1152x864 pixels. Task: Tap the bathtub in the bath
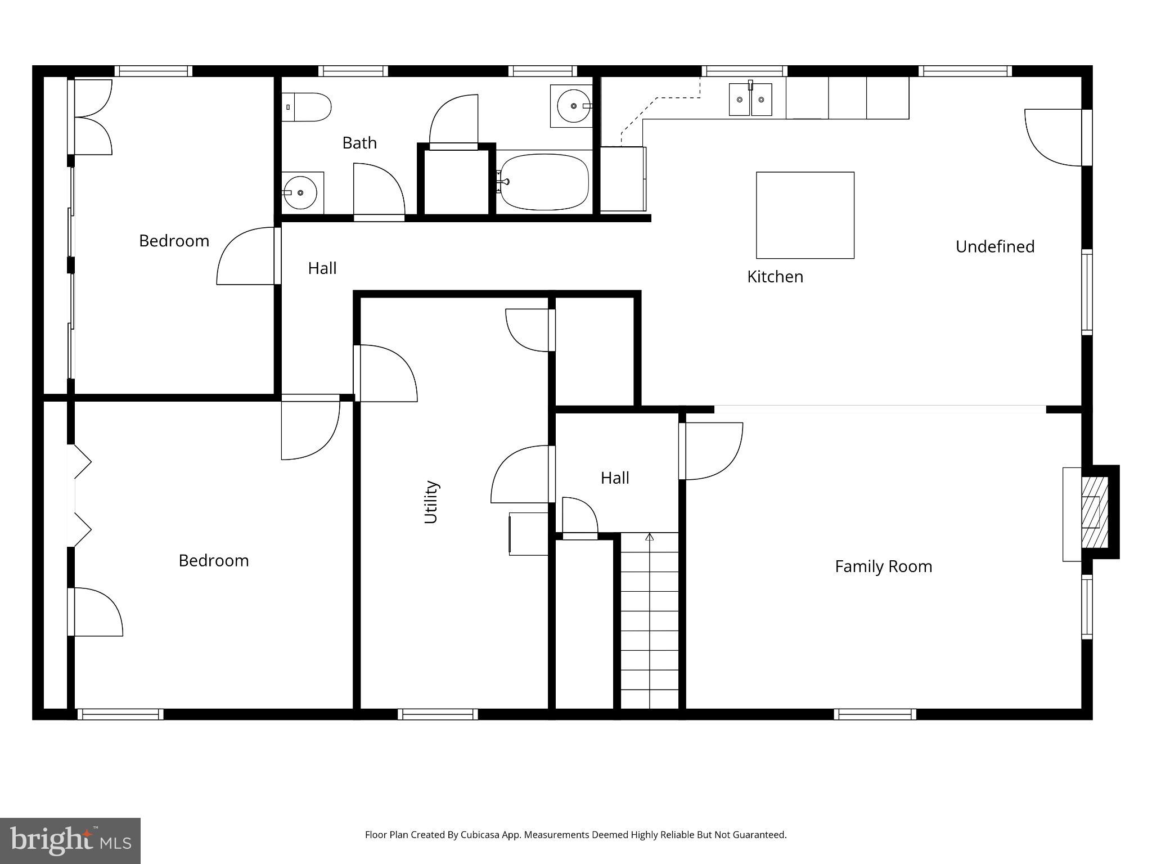point(544,182)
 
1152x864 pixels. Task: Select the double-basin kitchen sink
point(750,100)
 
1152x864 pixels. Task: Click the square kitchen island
point(805,215)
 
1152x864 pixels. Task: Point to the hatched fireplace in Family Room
point(1095,512)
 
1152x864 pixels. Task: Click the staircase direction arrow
point(650,537)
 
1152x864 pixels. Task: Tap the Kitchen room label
point(775,277)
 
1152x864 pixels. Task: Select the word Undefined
point(994,246)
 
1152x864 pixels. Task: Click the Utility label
point(431,502)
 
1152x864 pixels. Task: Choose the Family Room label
point(883,566)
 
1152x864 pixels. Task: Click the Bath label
point(359,143)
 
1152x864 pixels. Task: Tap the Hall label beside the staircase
point(614,478)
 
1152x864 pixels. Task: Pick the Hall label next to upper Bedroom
point(322,268)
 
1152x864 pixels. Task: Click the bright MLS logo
point(70,840)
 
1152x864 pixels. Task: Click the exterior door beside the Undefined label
point(1054,138)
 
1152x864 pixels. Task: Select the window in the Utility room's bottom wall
point(438,714)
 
